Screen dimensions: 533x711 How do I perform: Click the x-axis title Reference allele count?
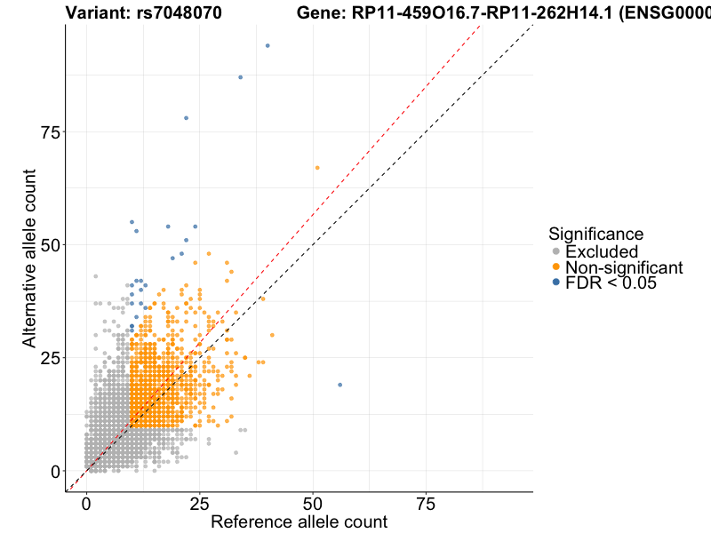tap(299, 521)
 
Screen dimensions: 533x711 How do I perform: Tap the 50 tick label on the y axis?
tap(50, 245)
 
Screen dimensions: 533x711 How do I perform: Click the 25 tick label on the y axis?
tap(50, 358)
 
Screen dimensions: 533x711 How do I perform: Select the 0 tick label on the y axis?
tap(55, 471)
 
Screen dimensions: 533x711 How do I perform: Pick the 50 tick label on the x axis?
tap(312, 503)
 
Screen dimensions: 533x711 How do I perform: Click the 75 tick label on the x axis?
tap(425, 503)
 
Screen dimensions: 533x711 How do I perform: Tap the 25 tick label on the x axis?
tap(199, 503)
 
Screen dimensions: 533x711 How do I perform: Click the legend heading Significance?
tap(595, 234)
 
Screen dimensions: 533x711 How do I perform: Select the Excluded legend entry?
tap(602, 251)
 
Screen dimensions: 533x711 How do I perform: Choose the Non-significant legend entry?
tap(624, 267)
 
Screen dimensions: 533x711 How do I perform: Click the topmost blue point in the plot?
tap(268, 45)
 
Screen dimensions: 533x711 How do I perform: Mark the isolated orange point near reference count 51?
tap(317, 168)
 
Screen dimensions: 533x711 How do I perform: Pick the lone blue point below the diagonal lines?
tap(340, 385)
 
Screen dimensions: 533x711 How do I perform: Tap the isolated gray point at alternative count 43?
tap(96, 276)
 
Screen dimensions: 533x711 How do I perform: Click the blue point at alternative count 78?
tap(186, 118)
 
